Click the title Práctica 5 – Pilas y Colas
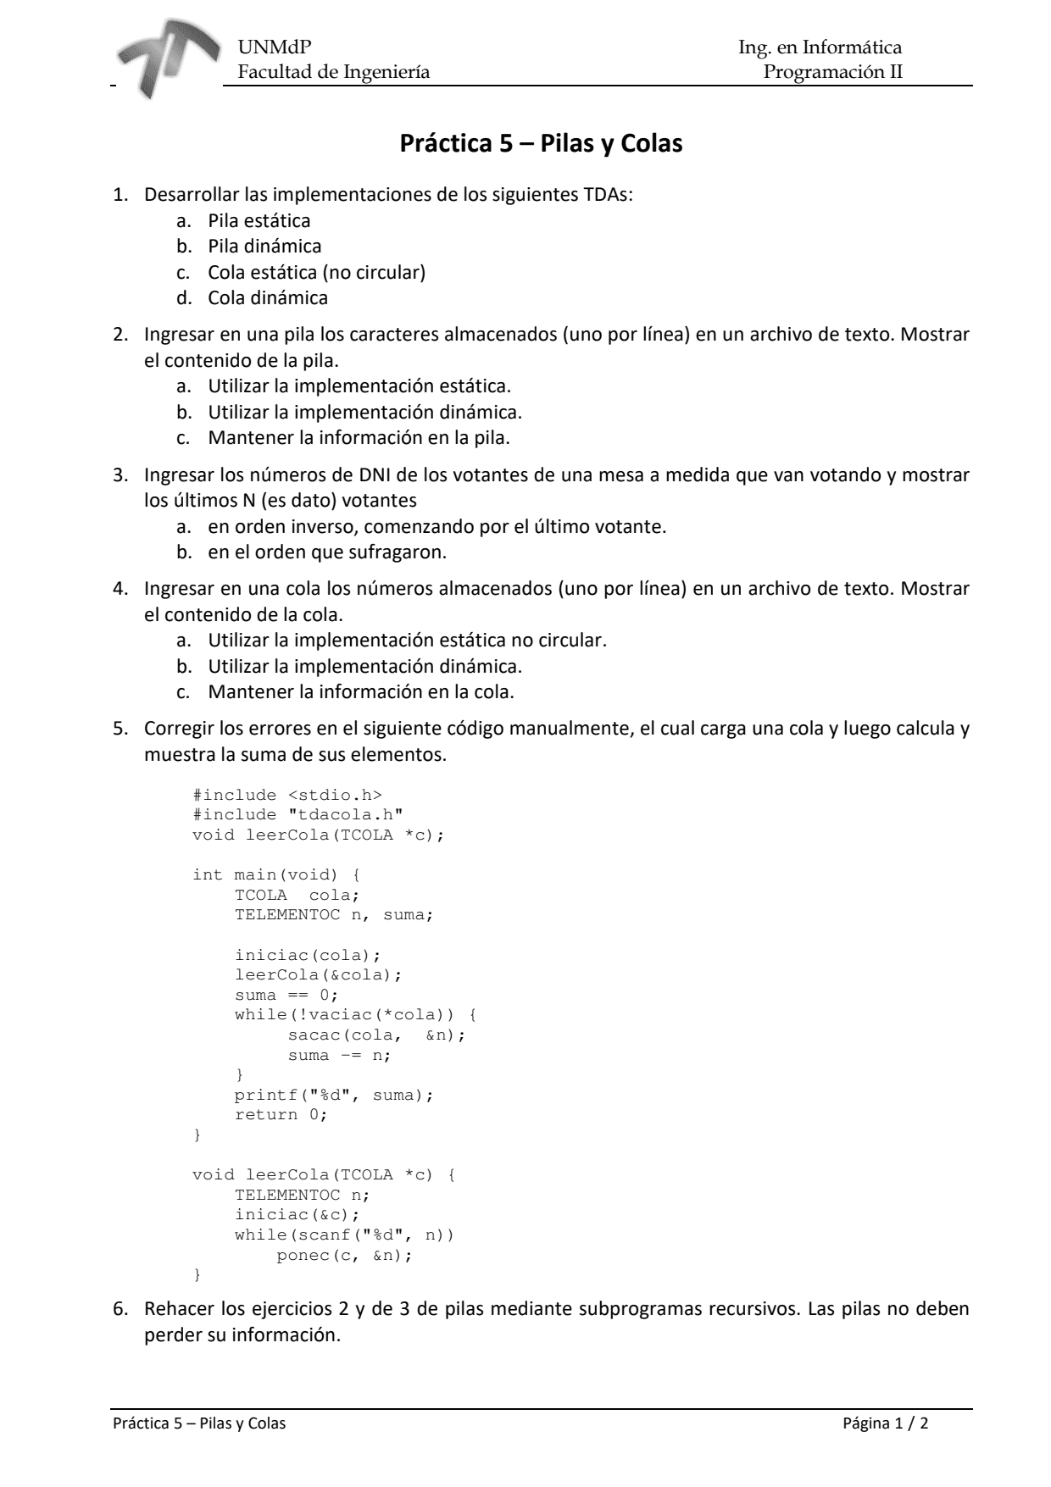(x=541, y=144)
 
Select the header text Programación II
(x=832, y=72)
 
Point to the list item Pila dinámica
(x=264, y=247)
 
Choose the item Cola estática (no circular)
(x=316, y=272)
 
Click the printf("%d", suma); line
(x=333, y=1095)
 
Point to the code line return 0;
(x=281, y=1114)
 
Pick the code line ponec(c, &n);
(x=344, y=1255)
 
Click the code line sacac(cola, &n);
(x=376, y=1035)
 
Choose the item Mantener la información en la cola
(x=360, y=691)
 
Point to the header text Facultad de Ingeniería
(x=333, y=72)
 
